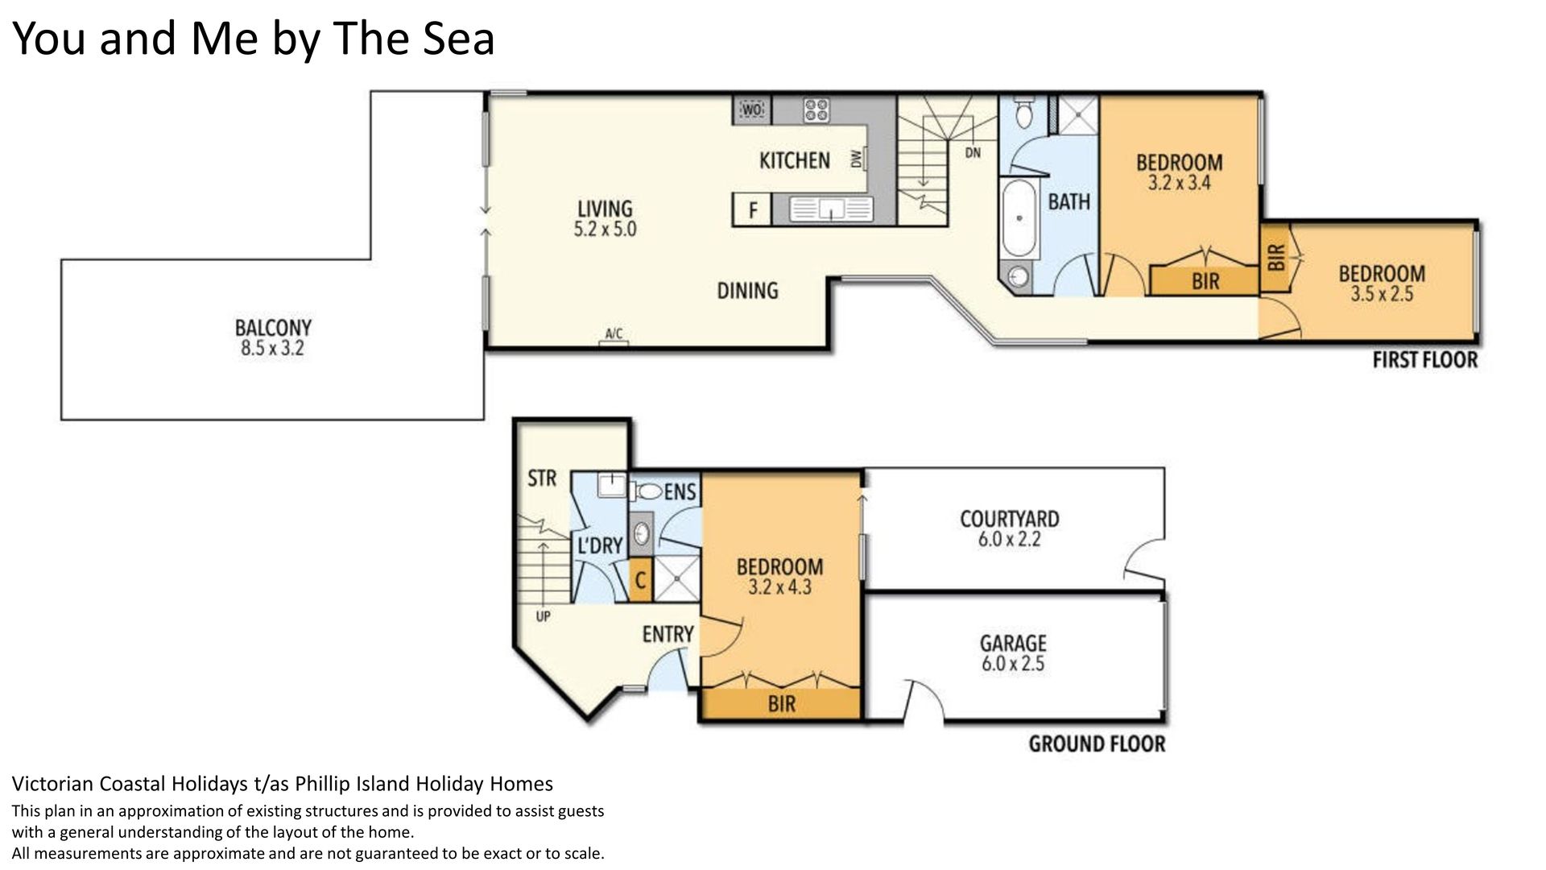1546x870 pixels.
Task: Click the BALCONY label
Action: point(273,328)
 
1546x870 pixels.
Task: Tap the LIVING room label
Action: point(605,209)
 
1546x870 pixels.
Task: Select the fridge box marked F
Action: point(752,210)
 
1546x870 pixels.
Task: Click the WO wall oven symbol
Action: point(752,110)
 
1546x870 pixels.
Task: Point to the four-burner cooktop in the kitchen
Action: point(816,110)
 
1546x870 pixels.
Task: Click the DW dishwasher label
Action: point(856,159)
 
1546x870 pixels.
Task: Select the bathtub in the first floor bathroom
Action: point(1019,218)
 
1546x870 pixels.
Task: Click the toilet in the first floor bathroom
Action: point(1023,113)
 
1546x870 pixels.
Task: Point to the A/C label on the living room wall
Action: point(614,333)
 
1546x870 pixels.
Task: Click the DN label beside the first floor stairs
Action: point(973,152)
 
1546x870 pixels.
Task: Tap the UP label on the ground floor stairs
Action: point(543,616)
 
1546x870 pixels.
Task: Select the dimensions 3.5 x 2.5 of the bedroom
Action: point(1382,294)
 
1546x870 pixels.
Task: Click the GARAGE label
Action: point(1013,643)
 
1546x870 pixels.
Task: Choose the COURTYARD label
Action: point(1009,519)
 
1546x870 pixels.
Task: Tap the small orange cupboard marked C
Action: point(640,580)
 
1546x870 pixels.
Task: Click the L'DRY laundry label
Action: point(600,545)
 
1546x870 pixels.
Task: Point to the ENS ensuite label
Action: point(680,491)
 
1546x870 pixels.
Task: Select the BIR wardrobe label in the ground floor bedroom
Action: point(781,704)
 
